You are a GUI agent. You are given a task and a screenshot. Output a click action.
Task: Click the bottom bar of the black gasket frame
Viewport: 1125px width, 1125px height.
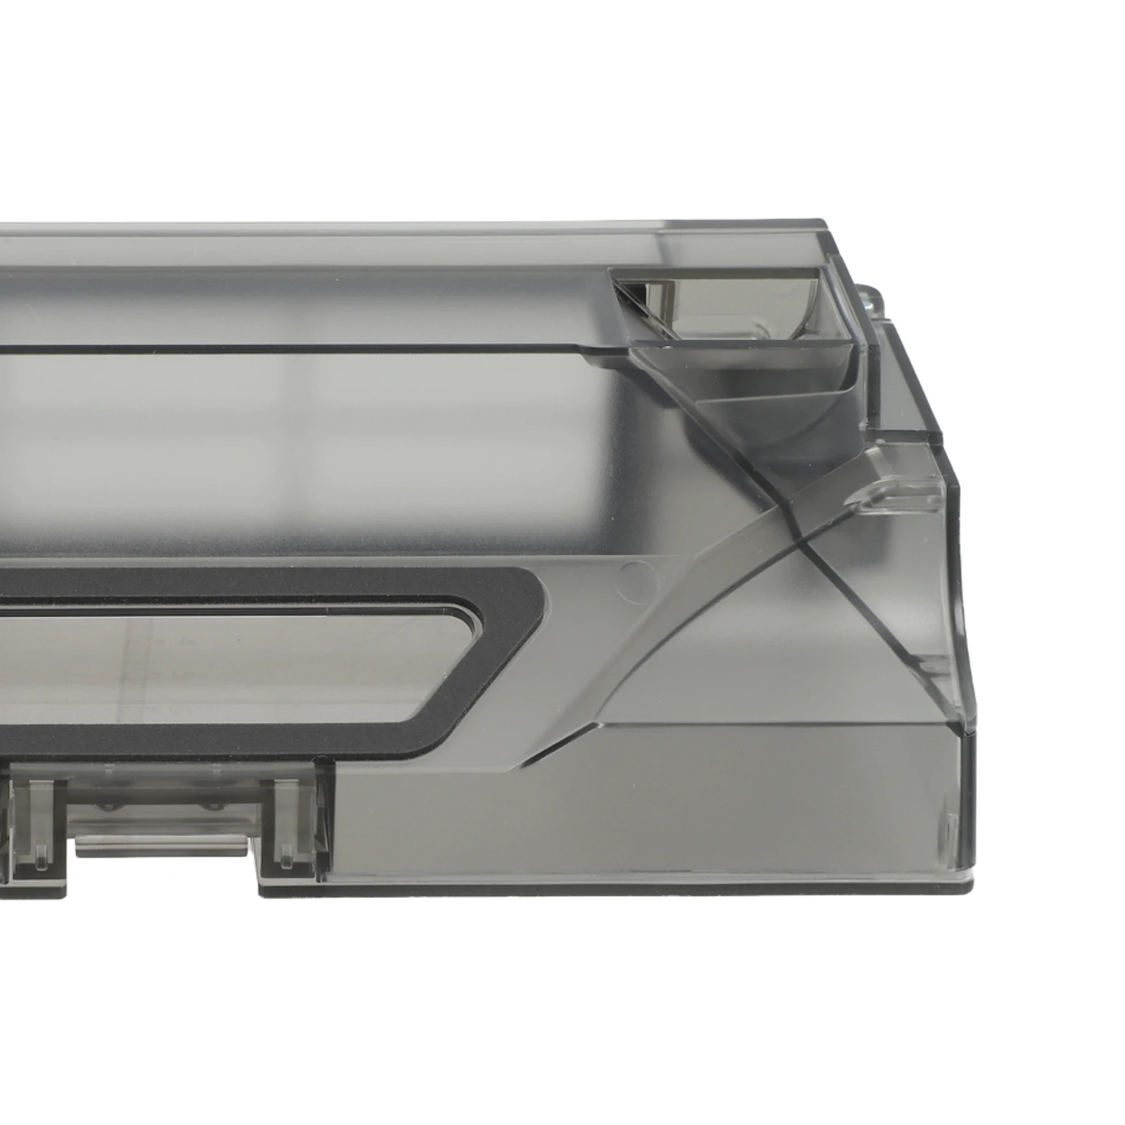[x=211, y=738]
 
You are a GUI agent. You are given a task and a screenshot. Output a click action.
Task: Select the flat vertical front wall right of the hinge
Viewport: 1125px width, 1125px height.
[x=633, y=816]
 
